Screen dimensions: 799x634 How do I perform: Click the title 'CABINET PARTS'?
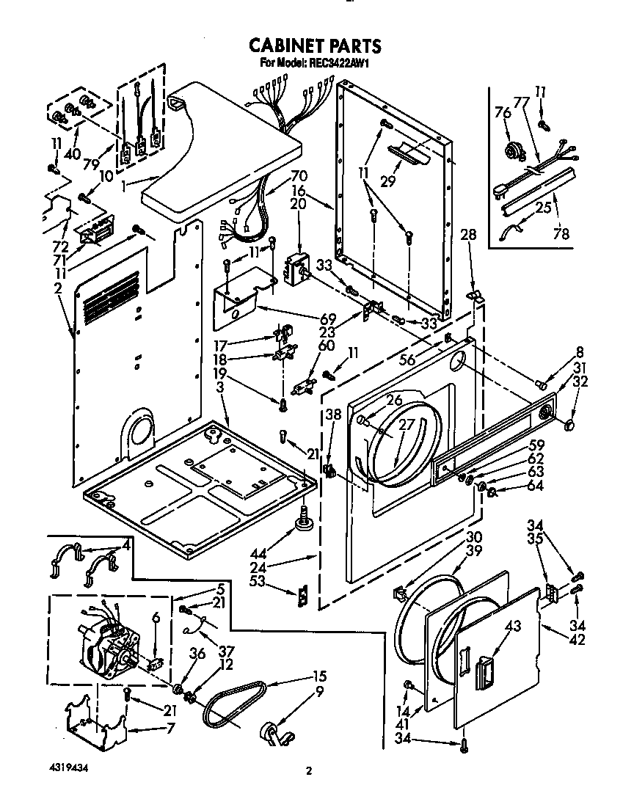(315, 45)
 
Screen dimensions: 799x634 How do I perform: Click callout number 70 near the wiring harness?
(278, 177)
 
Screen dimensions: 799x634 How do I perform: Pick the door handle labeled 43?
(485, 670)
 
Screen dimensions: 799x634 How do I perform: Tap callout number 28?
(468, 235)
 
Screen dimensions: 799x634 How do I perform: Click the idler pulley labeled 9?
(271, 733)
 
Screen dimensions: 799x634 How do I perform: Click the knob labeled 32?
(569, 425)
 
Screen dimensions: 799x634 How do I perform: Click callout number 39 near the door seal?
(475, 552)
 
